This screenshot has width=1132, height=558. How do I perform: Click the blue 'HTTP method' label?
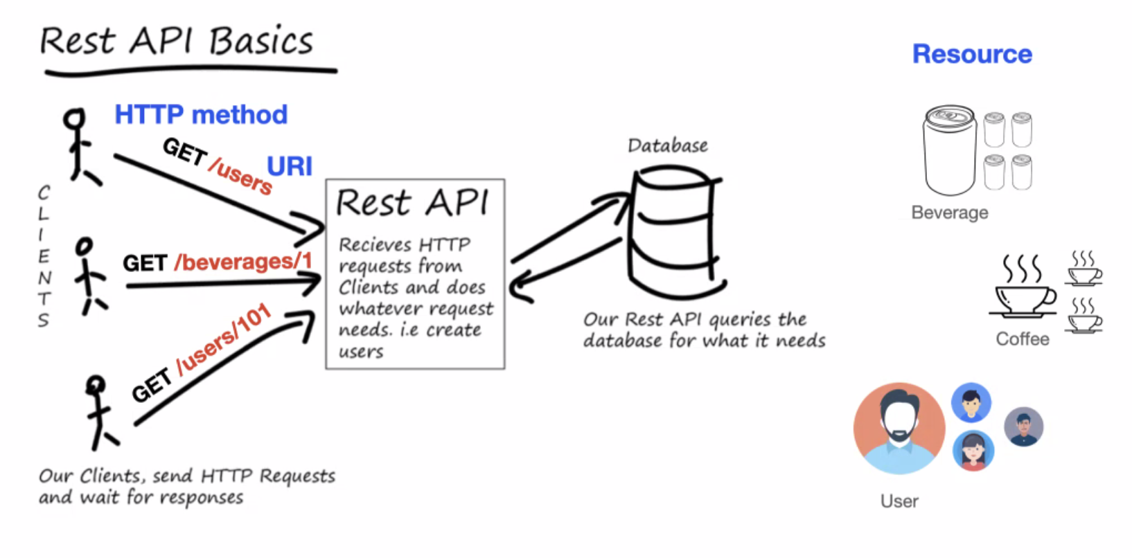coord(201,115)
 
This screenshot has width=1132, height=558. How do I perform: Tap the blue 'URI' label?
coord(290,167)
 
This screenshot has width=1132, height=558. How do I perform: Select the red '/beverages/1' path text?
coord(243,262)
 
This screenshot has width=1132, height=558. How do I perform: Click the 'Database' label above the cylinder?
coord(668,145)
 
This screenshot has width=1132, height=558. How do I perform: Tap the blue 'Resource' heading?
coord(972,54)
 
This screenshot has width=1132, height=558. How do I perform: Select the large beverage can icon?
coord(950,150)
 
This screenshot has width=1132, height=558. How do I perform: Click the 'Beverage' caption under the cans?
coord(949,213)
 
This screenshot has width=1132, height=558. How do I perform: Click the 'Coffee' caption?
coord(1022,339)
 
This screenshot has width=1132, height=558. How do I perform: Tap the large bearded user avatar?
coord(899,428)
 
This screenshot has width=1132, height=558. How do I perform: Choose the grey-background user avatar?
coord(1023,426)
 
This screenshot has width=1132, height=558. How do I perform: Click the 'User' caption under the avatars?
coord(899,501)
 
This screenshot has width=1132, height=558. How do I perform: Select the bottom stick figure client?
coord(99,411)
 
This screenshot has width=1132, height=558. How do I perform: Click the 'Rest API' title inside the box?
coord(412,204)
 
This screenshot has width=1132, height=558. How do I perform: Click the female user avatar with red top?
coord(973,451)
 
